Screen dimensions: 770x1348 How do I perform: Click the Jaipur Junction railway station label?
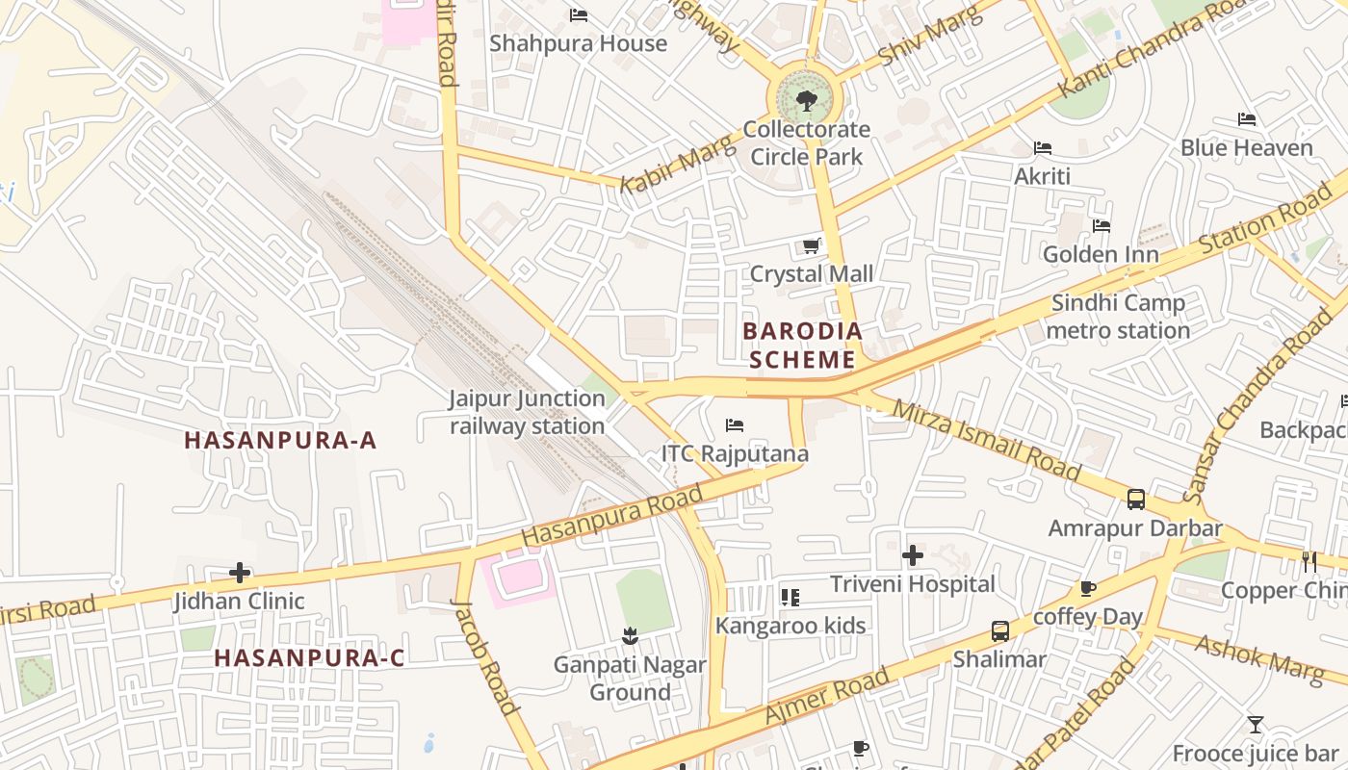pyautogui.click(x=527, y=412)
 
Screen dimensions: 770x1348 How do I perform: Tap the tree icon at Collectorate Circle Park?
pyautogui.click(x=807, y=100)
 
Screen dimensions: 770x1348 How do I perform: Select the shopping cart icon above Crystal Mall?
pyautogui.click(x=812, y=246)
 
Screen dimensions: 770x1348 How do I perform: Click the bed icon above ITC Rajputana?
pyautogui.click(x=735, y=425)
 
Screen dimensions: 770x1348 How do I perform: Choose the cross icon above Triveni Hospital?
pyautogui.click(x=913, y=555)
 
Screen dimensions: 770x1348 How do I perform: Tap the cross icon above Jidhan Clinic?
pyautogui.click(x=240, y=574)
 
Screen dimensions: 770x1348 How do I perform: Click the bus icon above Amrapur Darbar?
pyautogui.click(x=1136, y=500)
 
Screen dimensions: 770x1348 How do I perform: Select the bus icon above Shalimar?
pyautogui.click(x=1000, y=631)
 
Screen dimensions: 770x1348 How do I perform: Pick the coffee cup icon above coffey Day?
pyautogui.click(x=1087, y=588)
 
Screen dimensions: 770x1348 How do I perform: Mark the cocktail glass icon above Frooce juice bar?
pyautogui.click(x=1256, y=725)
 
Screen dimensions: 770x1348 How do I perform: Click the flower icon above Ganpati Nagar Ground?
pyautogui.click(x=630, y=635)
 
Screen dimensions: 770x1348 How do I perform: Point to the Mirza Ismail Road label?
pyautogui.click(x=986, y=439)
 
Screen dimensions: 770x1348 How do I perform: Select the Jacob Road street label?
pyautogui.click(x=485, y=655)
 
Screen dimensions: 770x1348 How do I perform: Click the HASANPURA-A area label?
pyautogui.click(x=280, y=441)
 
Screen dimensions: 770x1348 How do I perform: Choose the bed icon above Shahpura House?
pyautogui.click(x=579, y=15)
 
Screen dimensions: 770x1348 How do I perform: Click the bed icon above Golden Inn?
pyautogui.click(x=1102, y=226)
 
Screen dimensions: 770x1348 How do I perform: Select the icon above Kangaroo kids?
pyautogui.click(x=791, y=598)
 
